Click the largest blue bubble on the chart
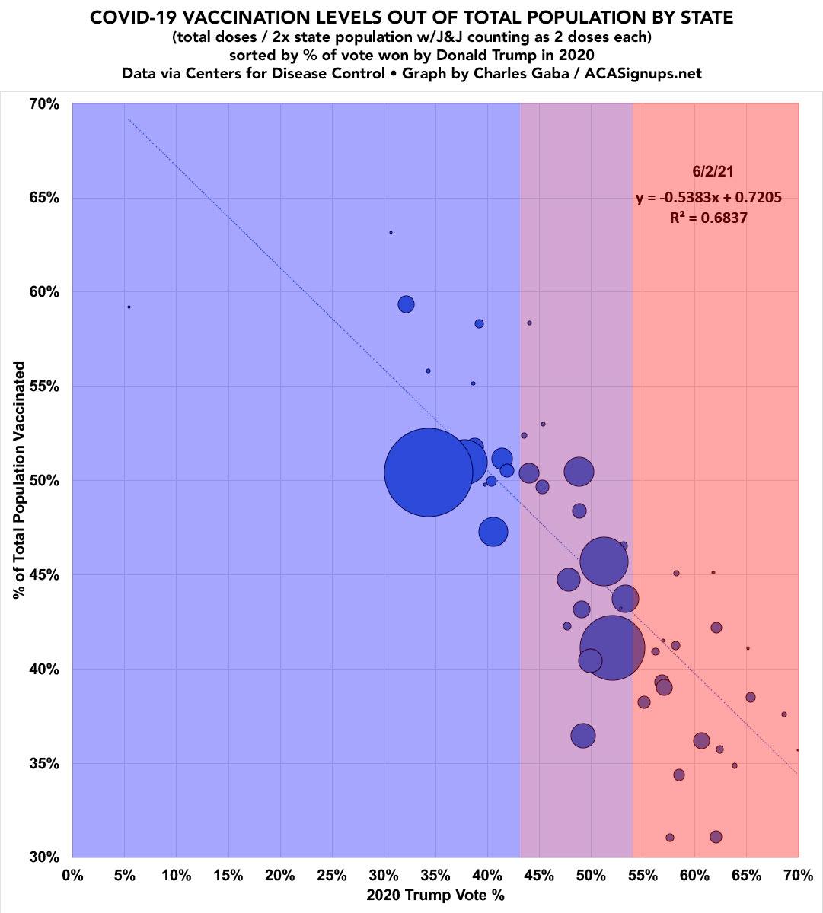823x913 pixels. pos(428,472)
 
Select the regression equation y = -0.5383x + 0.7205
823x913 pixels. pos(708,198)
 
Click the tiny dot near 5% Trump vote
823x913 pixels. pos(129,307)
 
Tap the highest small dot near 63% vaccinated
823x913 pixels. pos(391,232)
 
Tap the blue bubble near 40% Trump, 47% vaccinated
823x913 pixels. pos(493,532)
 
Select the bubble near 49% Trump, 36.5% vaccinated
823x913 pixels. pos(583,736)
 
